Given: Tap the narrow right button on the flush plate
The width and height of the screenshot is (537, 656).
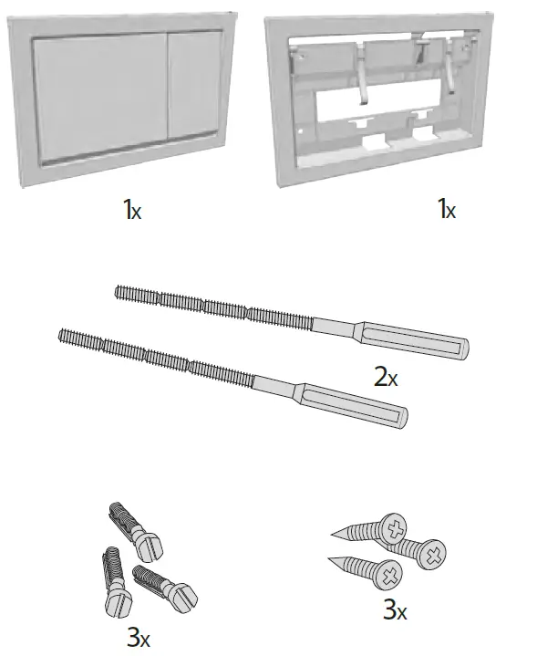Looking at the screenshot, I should (x=193, y=91).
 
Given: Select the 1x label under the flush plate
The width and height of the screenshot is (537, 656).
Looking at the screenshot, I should (x=133, y=210).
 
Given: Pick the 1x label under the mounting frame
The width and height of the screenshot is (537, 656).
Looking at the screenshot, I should (x=446, y=210).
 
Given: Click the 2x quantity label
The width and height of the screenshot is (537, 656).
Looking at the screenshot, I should (x=387, y=376).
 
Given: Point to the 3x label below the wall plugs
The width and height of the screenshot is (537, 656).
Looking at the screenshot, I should (x=139, y=637).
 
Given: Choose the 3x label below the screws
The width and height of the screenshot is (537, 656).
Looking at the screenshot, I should (x=394, y=609).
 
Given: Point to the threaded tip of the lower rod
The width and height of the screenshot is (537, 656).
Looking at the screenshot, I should (x=64, y=335).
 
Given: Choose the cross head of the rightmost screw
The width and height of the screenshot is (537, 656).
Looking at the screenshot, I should (x=431, y=551).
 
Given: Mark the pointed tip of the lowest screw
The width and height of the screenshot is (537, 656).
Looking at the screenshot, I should (x=331, y=559).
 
